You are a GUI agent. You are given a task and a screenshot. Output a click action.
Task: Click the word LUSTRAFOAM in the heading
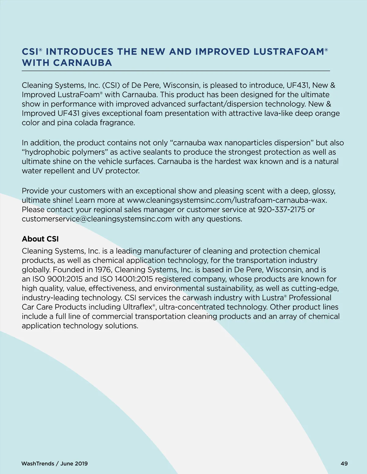coord(288,52)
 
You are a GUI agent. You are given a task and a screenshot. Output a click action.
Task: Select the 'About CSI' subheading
coord(40,239)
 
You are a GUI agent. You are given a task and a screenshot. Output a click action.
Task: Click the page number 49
coord(344,464)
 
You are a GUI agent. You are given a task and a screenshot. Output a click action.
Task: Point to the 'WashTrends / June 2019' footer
coord(54,464)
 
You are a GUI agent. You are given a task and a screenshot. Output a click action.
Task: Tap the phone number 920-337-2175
coord(281,210)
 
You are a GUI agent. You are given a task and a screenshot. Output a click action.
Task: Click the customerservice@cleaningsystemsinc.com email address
coord(97,219)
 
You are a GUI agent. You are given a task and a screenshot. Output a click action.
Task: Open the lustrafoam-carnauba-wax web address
coord(227,200)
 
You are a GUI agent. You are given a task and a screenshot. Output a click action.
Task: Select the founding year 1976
coord(103,270)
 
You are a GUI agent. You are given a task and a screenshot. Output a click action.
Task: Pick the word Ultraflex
coord(137,307)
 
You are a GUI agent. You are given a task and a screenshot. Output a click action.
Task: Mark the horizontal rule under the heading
coord(176,71)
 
